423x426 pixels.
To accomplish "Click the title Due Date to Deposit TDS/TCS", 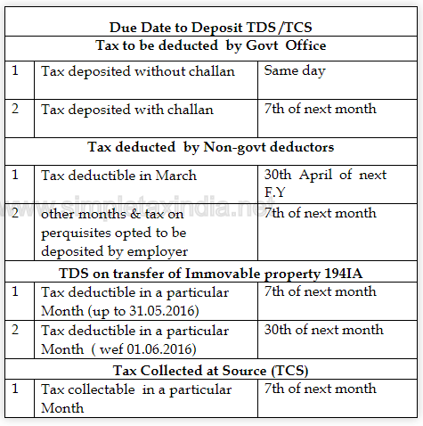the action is pos(211,29).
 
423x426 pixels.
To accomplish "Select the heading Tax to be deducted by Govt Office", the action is pos(211,45).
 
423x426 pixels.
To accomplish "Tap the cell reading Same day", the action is pos(295,70).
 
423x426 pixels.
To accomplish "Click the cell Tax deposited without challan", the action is pos(138,70).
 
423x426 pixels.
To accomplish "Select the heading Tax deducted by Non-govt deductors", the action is pos(211,146).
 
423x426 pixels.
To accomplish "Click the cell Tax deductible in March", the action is pos(119,175).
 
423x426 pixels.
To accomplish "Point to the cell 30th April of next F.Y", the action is pos(325,183).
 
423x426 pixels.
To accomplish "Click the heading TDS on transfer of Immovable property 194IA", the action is pos(211,273).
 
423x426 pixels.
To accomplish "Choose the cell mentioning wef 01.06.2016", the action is pos(134,338).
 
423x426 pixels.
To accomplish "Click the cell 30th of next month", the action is pos(323,330).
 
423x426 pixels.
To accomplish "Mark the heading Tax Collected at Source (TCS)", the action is pos(211,370).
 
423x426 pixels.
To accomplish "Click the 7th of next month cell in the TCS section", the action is pos(320,389).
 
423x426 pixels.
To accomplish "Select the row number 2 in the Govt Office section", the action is pos(15,110).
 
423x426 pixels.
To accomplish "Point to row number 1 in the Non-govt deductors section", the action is pos(15,175).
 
